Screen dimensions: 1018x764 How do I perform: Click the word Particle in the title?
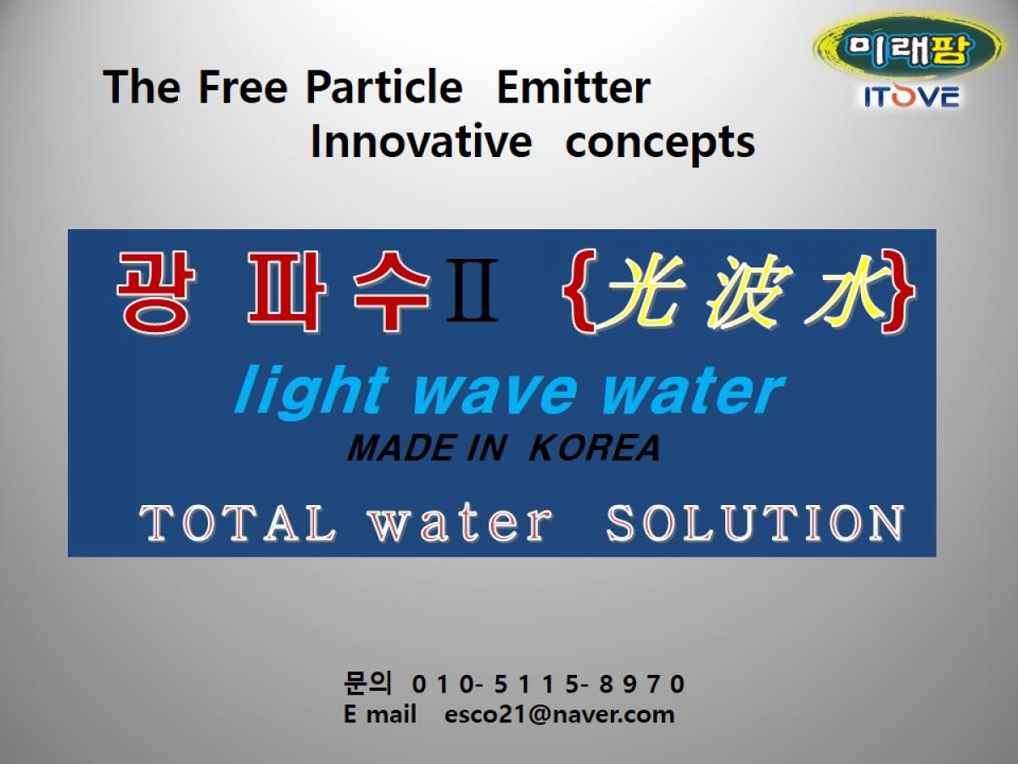(384, 87)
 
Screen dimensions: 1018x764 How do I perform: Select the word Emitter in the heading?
(573, 87)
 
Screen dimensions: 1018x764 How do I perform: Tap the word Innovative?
(421, 141)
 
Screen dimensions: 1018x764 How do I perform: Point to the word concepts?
(660, 144)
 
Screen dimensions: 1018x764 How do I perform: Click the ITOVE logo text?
(912, 97)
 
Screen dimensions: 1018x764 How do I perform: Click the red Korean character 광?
(155, 291)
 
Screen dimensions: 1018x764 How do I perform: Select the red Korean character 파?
(287, 291)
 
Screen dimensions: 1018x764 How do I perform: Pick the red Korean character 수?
(391, 291)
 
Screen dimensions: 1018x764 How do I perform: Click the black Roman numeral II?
(473, 291)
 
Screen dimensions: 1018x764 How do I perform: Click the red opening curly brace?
(579, 291)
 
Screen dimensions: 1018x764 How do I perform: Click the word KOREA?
(595, 448)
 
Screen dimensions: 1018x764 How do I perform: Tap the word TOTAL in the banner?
(238, 523)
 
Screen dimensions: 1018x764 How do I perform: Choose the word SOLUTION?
(755, 523)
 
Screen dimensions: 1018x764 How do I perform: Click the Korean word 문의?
(368, 683)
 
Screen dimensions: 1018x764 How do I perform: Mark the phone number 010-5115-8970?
(548, 683)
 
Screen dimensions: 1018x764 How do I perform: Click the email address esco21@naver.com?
(559, 715)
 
